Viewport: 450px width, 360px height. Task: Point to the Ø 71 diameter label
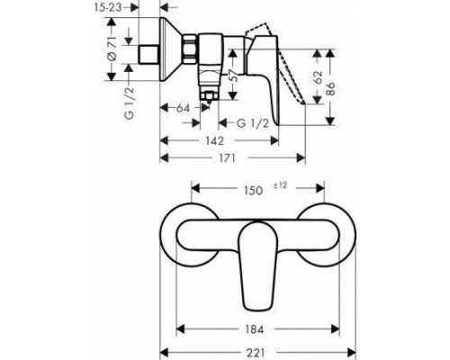[x=112, y=55]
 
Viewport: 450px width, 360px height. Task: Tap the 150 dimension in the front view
[x=254, y=190]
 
